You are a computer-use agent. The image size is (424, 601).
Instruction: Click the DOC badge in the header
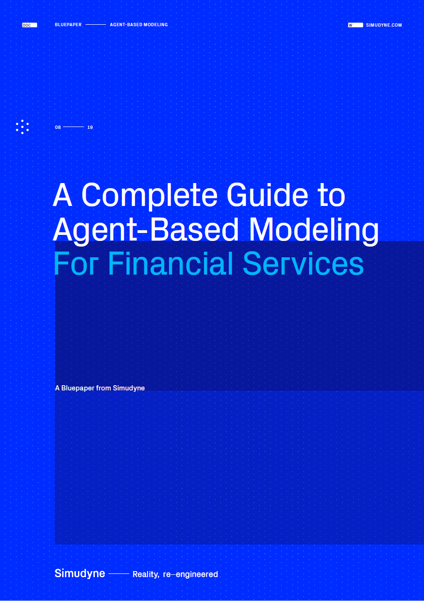point(29,25)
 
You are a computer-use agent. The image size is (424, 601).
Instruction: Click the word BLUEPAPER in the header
point(68,25)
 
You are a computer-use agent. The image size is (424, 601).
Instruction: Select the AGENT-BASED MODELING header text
point(139,25)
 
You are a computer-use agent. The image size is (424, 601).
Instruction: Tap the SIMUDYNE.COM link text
point(384,25)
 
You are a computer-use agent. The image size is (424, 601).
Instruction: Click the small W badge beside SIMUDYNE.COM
point(355,25)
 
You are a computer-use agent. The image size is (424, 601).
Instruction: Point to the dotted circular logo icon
point(22,127)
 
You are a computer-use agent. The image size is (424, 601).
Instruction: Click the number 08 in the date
point(58,127)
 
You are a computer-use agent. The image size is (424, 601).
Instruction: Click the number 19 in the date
point(90,127)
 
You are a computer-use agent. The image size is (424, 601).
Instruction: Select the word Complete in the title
point(149,196)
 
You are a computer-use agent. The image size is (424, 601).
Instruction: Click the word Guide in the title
point(267,195)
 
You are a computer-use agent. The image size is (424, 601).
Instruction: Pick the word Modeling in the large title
point(314,230)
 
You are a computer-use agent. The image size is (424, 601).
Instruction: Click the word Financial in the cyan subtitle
point(170,263)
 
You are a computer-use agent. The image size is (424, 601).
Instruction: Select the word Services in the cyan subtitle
point(303,263)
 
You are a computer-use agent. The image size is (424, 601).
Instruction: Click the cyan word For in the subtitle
point(76,263)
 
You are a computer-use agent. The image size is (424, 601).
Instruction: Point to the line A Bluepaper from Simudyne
point(100,388)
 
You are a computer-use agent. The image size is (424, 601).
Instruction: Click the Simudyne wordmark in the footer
point(80,573)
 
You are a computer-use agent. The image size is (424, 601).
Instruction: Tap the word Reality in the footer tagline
point(146,574)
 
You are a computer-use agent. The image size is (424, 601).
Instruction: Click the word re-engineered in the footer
point(191,574)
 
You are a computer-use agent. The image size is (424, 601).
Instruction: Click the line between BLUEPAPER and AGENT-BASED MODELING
point(96,25)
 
